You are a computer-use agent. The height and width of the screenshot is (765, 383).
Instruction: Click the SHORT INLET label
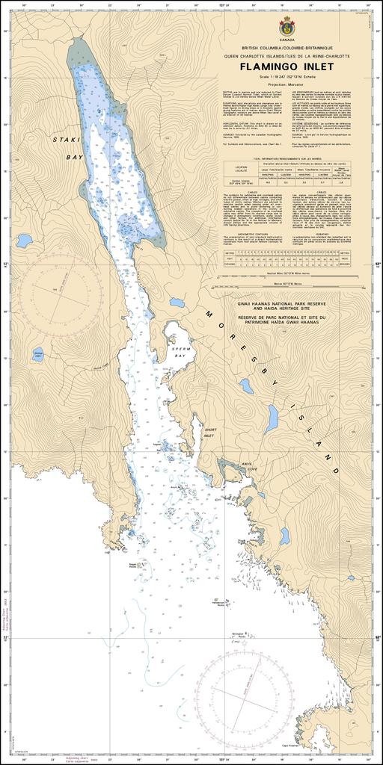pos(209,433)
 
